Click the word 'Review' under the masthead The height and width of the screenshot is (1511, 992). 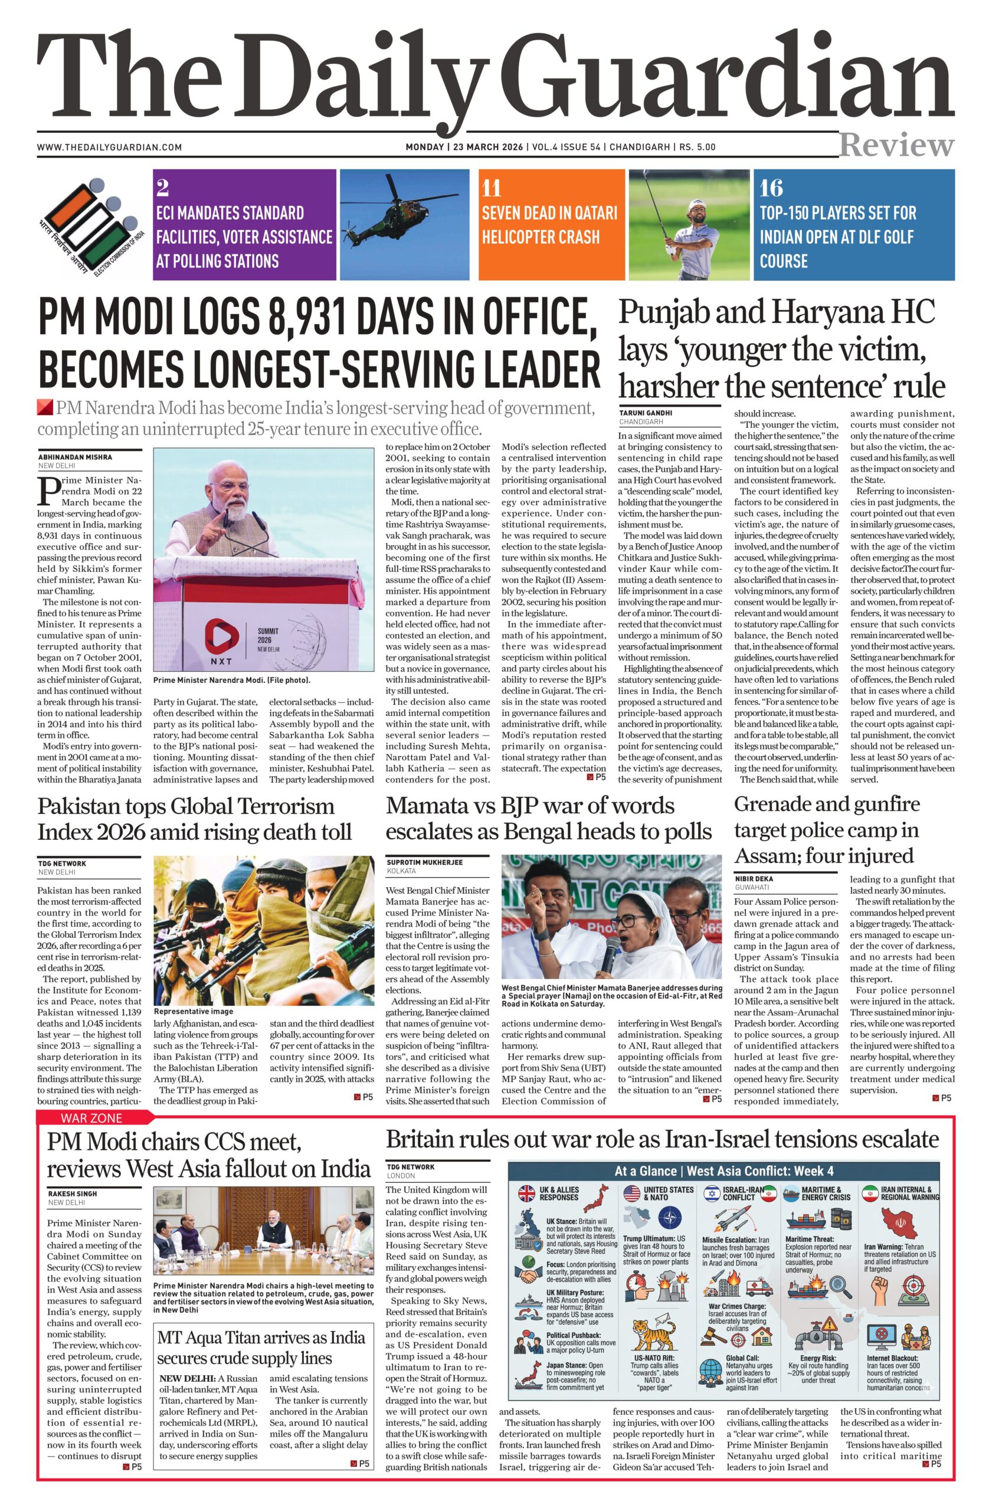tap(896, 145)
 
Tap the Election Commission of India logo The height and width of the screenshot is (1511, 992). tap(91, 226)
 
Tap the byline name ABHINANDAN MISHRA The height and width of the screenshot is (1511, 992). tap(76, 456)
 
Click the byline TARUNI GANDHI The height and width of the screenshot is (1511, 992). tap(646, 413)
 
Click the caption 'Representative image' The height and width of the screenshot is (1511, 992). tap(193, 1011)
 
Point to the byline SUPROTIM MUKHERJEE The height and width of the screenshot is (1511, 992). tap(425, 862)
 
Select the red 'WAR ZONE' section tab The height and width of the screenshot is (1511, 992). tap(91, 1118)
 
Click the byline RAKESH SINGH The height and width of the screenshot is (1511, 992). tap(73, 1193)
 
